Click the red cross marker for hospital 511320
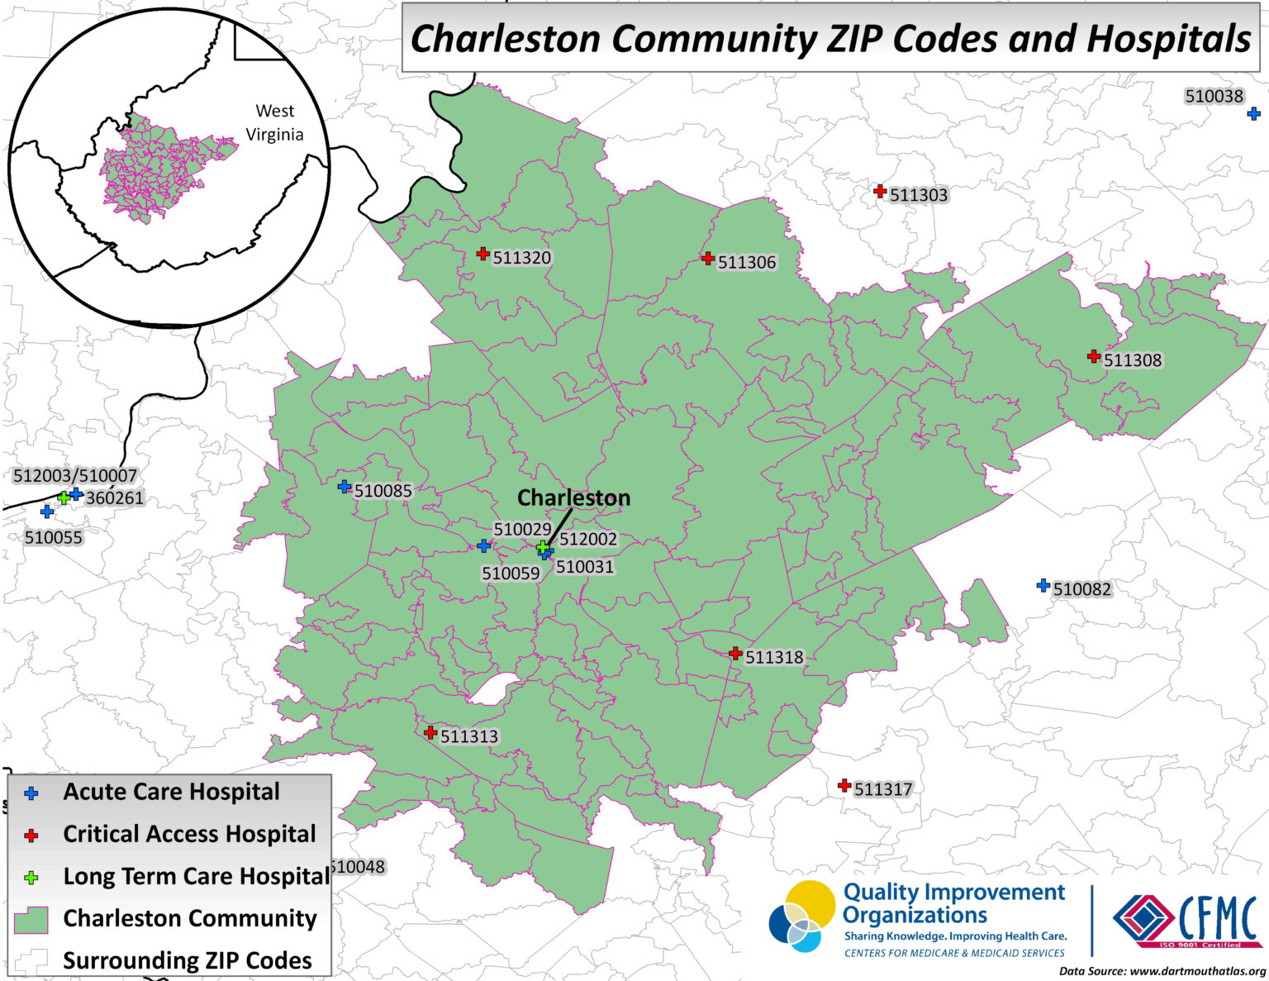click(x=483, y=254)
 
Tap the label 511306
click(x=747, y=263)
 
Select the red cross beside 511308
click(x=1094, y=357)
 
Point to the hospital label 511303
click(x=919, y=196)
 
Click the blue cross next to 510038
click(x=1253, y=113)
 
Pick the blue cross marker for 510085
click(x=345, y=486)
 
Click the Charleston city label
click(x=573, y=498)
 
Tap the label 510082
click(x=1082, y=589)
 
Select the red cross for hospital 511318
click(x=735, y=653)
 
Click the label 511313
click(x=469, y=736)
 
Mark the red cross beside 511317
click(x=844, y=785)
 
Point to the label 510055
click(x=54, y=537)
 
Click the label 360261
click(x=114, y=498)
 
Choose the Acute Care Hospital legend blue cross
click(x=31, y=793)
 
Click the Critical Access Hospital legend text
click(x=189, y=835)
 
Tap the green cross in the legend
click(x=31, y=878)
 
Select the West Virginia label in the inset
click(x=275, y=122)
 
